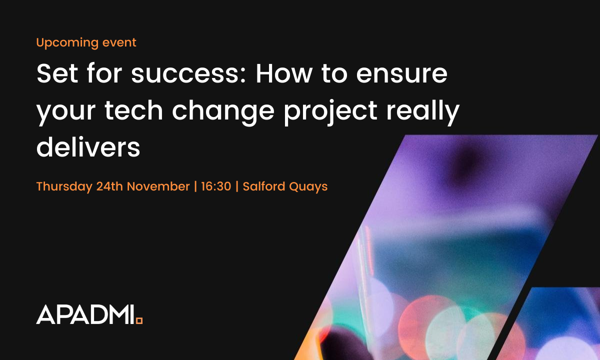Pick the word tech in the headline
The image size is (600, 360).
pyautogui.click(x=130, y=111)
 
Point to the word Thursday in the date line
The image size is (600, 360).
pyautogui.click(x=64, y=187)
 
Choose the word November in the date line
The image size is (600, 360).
pyautogui.click(x=158, y=186)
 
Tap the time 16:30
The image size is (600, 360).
pyautogui.click(x=216, y=186)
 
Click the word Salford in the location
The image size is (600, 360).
pyautogui.click(x=262, y=186)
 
